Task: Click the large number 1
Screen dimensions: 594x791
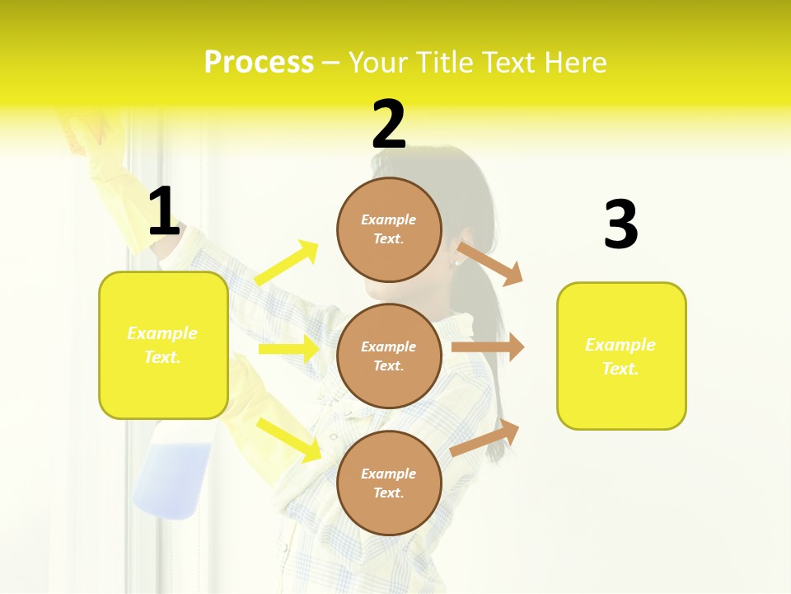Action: (164, 212)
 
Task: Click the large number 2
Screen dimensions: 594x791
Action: (389, 125)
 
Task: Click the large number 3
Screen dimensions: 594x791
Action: (620, 224)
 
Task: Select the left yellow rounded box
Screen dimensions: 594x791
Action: (163, 345)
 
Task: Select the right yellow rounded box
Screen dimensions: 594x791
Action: (621, 356)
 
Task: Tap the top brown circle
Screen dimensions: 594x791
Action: (389, 229)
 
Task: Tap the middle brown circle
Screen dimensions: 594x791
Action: (389, 356)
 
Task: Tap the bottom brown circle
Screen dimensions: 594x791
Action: (389, 483)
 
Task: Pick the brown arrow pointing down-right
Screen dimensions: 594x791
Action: (490, 263)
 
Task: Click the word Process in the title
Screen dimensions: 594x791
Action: (259, 63)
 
